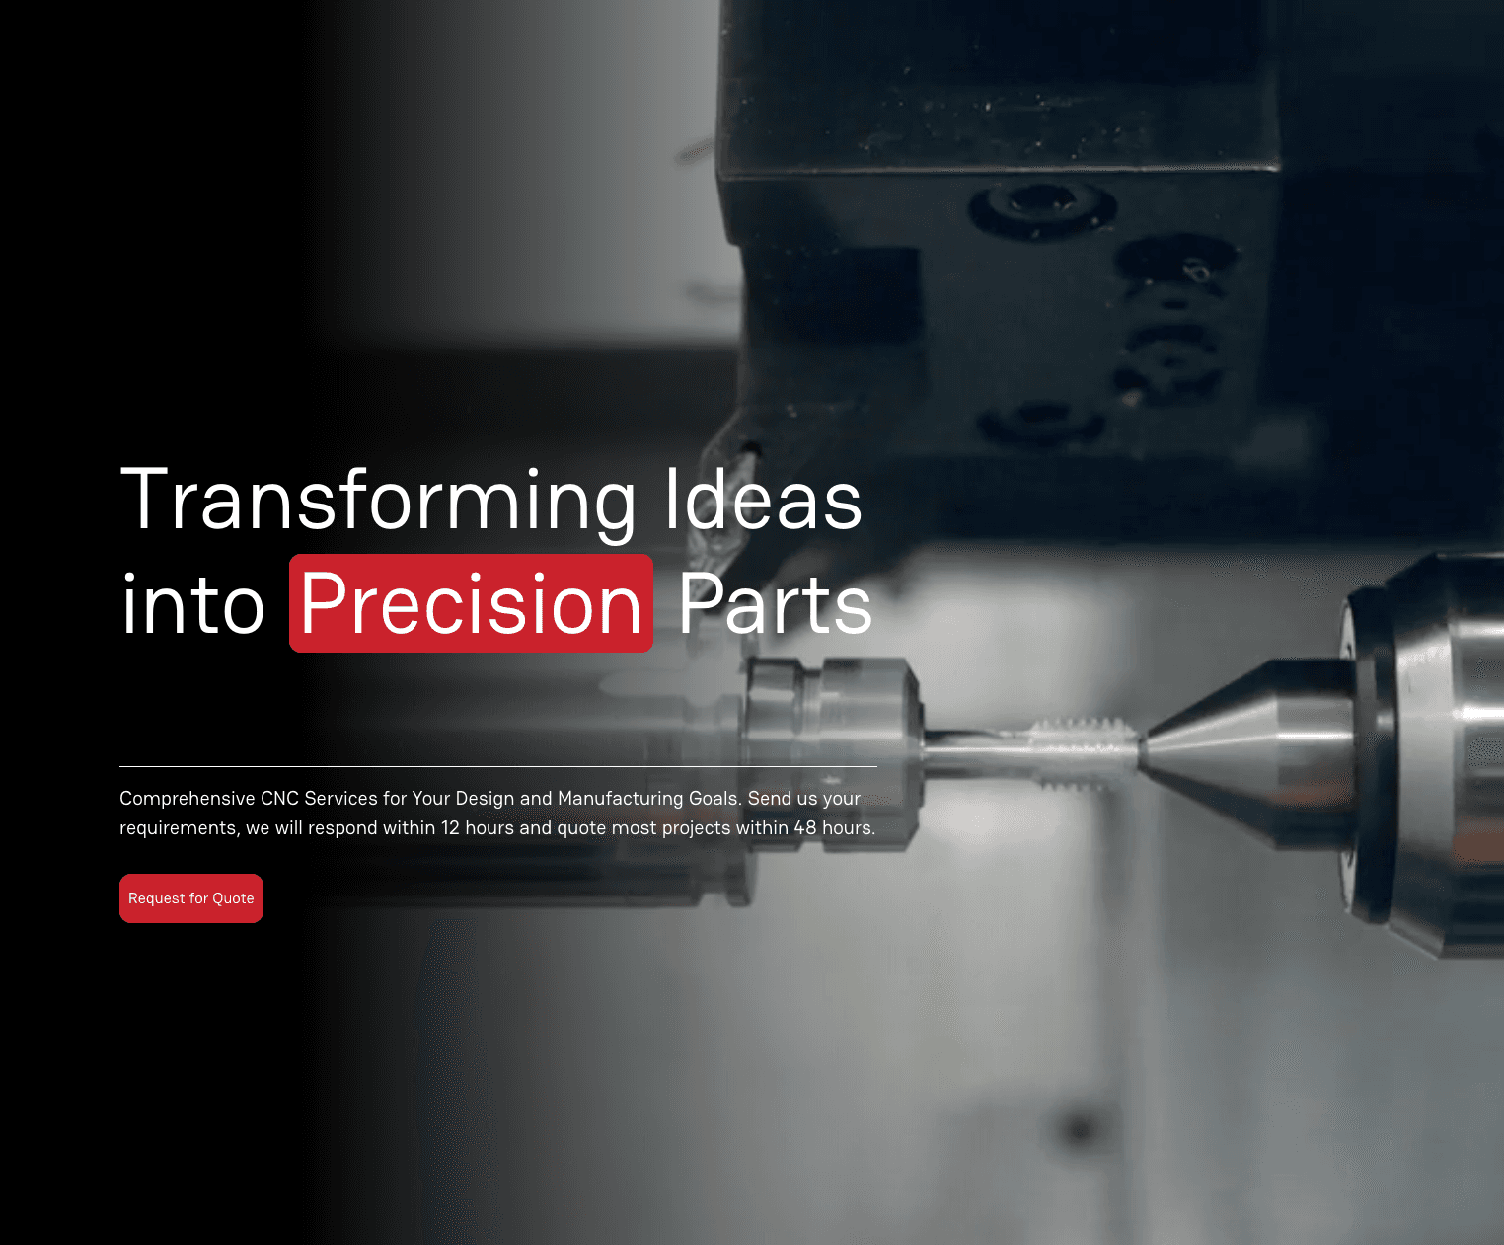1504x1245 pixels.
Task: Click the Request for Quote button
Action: click(191, 898)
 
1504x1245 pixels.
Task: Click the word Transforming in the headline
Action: click(379, 501)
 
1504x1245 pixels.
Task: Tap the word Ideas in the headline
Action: click(763, 501)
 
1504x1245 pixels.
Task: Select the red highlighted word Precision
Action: click(471, 604)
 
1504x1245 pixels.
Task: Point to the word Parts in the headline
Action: click(776, 604)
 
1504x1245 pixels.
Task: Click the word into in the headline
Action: click(193, 604)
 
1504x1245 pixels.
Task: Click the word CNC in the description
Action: click(279, 798)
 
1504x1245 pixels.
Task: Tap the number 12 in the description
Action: click(450, 827)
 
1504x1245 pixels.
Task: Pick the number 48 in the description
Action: click(805, 827)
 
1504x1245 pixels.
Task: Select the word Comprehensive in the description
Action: click(187, 798)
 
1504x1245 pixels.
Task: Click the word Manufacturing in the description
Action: click(620, 798)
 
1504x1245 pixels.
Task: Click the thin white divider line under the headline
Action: click(497, 766)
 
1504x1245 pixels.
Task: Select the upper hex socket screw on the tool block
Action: click(1041, 205)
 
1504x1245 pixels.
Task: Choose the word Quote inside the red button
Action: click(233, 898)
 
